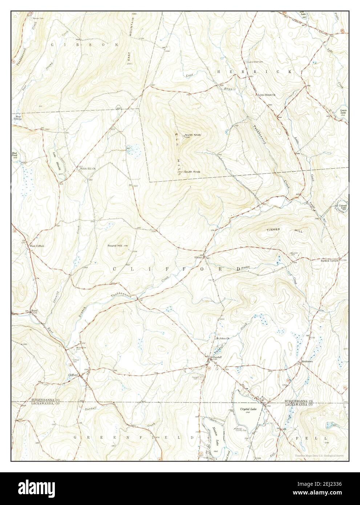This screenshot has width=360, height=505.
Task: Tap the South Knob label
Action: pos(192,171)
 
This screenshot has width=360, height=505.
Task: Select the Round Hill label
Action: pos(115,246)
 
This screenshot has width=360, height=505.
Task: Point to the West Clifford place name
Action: pos(37,246)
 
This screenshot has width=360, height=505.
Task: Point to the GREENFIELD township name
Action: pos(132,438)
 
